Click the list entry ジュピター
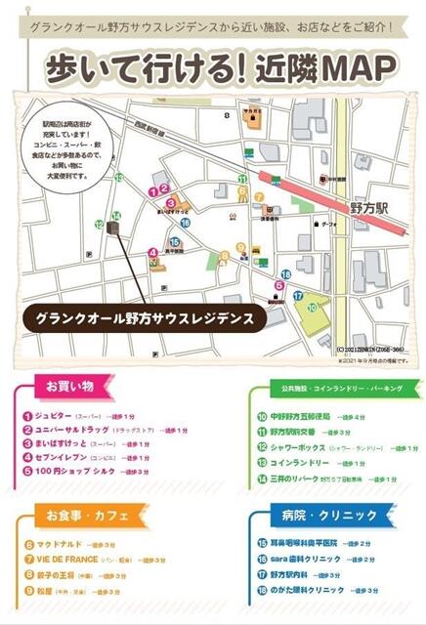pyautogui.click(x=59, y=415)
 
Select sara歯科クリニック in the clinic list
pyautogui.click(x=303, y=559)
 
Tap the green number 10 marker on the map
pyautogui.click(x=312, y=307)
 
